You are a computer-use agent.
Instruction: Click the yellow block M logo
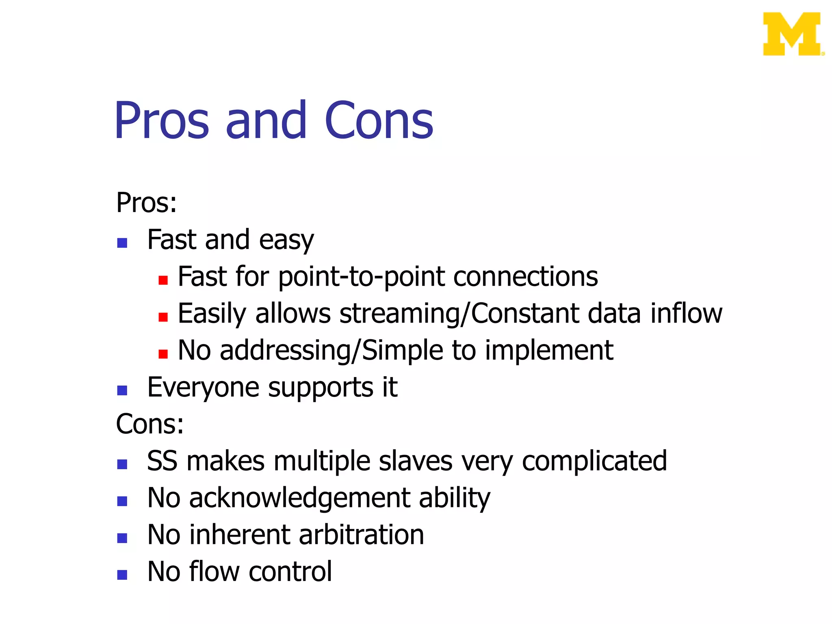point(792,34)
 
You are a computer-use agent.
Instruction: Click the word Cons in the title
point(379,121)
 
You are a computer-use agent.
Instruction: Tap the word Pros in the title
point(162,121)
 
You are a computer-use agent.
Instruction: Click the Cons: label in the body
point(149,424)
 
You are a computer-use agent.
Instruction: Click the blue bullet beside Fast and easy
point(122,243)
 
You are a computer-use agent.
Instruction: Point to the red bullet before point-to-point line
point(163,280)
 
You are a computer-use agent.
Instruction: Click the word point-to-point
point(361,277)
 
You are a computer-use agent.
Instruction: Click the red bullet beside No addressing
point(163,354)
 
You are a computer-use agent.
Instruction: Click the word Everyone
point(203,388)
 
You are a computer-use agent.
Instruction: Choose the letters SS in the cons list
point(162,461)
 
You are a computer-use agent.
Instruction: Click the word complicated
point(594,461)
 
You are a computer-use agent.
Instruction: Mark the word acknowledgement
point(299,498)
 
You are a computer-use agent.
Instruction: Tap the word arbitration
point(361,535)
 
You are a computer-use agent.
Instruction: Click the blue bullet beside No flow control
point(122,575)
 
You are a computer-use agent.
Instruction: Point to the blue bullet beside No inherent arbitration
point(122,538)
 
